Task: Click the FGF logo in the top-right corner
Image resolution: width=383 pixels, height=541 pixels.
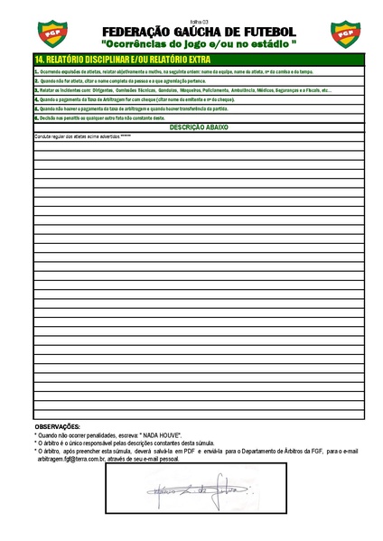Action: coord(346,34)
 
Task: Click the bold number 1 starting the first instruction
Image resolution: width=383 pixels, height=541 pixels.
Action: coord(36,70)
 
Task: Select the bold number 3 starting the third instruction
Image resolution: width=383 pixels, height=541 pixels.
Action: coord(36,90)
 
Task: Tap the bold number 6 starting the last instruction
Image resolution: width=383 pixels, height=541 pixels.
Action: coord(36,118)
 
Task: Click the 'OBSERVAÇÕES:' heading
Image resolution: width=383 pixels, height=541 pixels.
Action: coord(57,425)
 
